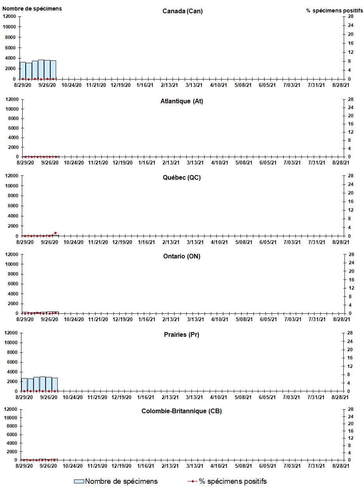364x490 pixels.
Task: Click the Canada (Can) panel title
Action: pyautogui.click(x=182, y=11)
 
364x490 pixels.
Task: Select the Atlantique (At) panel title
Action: pyautogui.click(x=182, y=101)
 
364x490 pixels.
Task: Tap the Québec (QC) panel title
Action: pyautogui.click(x=182, y=178)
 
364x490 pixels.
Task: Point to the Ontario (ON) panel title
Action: pyautogui.click(x=182, y=256)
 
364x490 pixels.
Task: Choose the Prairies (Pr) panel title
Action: pyautogui.click(x=182, y=335)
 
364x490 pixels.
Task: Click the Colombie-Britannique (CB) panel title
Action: pyautogui.click(x=182, y=411)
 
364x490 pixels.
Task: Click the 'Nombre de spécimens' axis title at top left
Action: pyautogui.click(x=32, y=9)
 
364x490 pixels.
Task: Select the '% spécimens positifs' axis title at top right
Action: pyautogui.click(x=334, y=11)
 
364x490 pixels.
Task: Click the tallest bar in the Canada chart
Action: pyautogui.click(x=41, y=69)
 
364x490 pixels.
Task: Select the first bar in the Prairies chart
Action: pyautogui.click(x=24, y=385)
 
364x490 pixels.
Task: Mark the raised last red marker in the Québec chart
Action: pyautogui.click(x=55, y=233)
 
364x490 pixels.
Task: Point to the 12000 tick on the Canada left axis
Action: pyautogui.click(x=9, y=16)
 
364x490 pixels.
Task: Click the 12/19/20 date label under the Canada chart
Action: pyautogui.click(x=120, y=85)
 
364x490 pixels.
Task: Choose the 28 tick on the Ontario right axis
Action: pyautogui.click(x=351, y=255)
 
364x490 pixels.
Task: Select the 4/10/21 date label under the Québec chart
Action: pyautogui.click(x=219, y=242)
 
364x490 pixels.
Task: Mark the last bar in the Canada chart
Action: pyautogui.click(x=53, y=70)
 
